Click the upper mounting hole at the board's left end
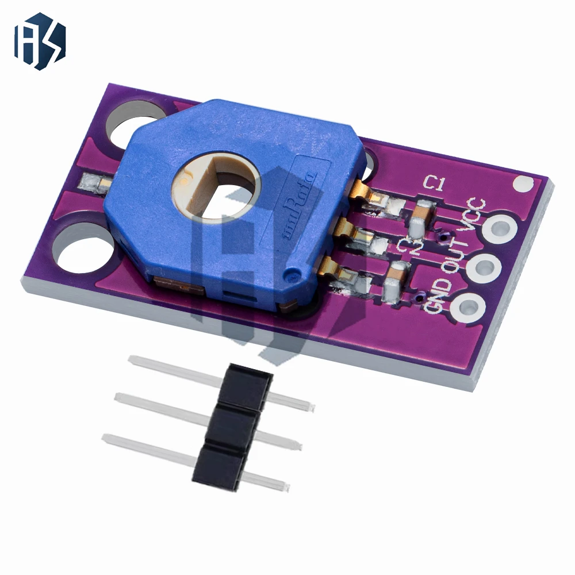click(x=131, y=122)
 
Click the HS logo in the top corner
click(x=40, y=41)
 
